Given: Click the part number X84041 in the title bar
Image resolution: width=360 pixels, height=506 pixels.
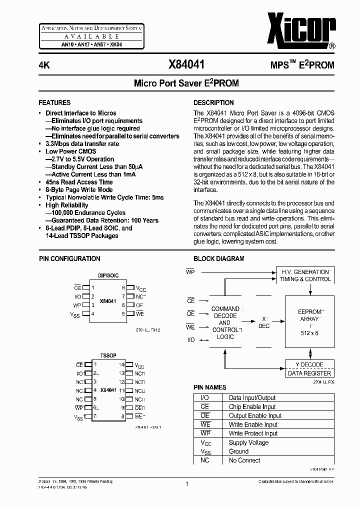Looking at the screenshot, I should click(x=186, y=64).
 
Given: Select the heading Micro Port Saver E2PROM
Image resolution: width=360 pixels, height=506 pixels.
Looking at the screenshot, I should click(x=186, y=83).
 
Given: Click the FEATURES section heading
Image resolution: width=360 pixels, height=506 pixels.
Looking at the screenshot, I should click(x=54, y=102).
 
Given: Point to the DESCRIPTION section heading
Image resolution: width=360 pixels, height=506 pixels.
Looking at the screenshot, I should click(x=213, y=102).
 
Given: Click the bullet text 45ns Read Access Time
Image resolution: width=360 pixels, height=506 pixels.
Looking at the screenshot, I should click(x=79, y=182).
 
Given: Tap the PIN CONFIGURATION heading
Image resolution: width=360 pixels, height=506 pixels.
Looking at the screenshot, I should click(x=69, y=258).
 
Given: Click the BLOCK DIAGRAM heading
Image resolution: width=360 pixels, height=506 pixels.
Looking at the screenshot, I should click(x=219, y=258).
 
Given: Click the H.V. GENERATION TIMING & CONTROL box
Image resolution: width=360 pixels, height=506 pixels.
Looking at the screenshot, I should click(x=305, y=275).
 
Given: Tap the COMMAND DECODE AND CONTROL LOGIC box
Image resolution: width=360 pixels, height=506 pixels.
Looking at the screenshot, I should click(x=225, y=323).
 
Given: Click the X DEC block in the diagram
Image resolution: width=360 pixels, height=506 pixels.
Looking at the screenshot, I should click(x=264, y=322).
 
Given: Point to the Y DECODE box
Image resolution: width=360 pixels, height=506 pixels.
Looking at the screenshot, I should click(x=309, y=364).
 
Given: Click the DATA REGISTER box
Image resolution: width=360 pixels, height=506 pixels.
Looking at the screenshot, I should click(x=309, y=373).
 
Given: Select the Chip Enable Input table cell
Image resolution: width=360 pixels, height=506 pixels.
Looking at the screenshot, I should click(x=252, y=406).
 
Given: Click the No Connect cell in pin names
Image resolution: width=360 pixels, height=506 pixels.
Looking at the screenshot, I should click(x=244, y=460).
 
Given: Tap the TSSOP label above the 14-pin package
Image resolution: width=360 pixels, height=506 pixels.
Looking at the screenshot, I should click(x=108, y=355).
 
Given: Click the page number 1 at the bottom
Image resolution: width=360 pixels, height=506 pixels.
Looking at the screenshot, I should click(x=186, y=483).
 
